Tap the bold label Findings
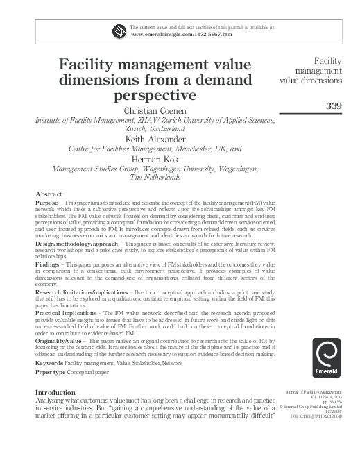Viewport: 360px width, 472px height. [x=49, y=266]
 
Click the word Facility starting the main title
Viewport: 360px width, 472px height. [x=89, y=65]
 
